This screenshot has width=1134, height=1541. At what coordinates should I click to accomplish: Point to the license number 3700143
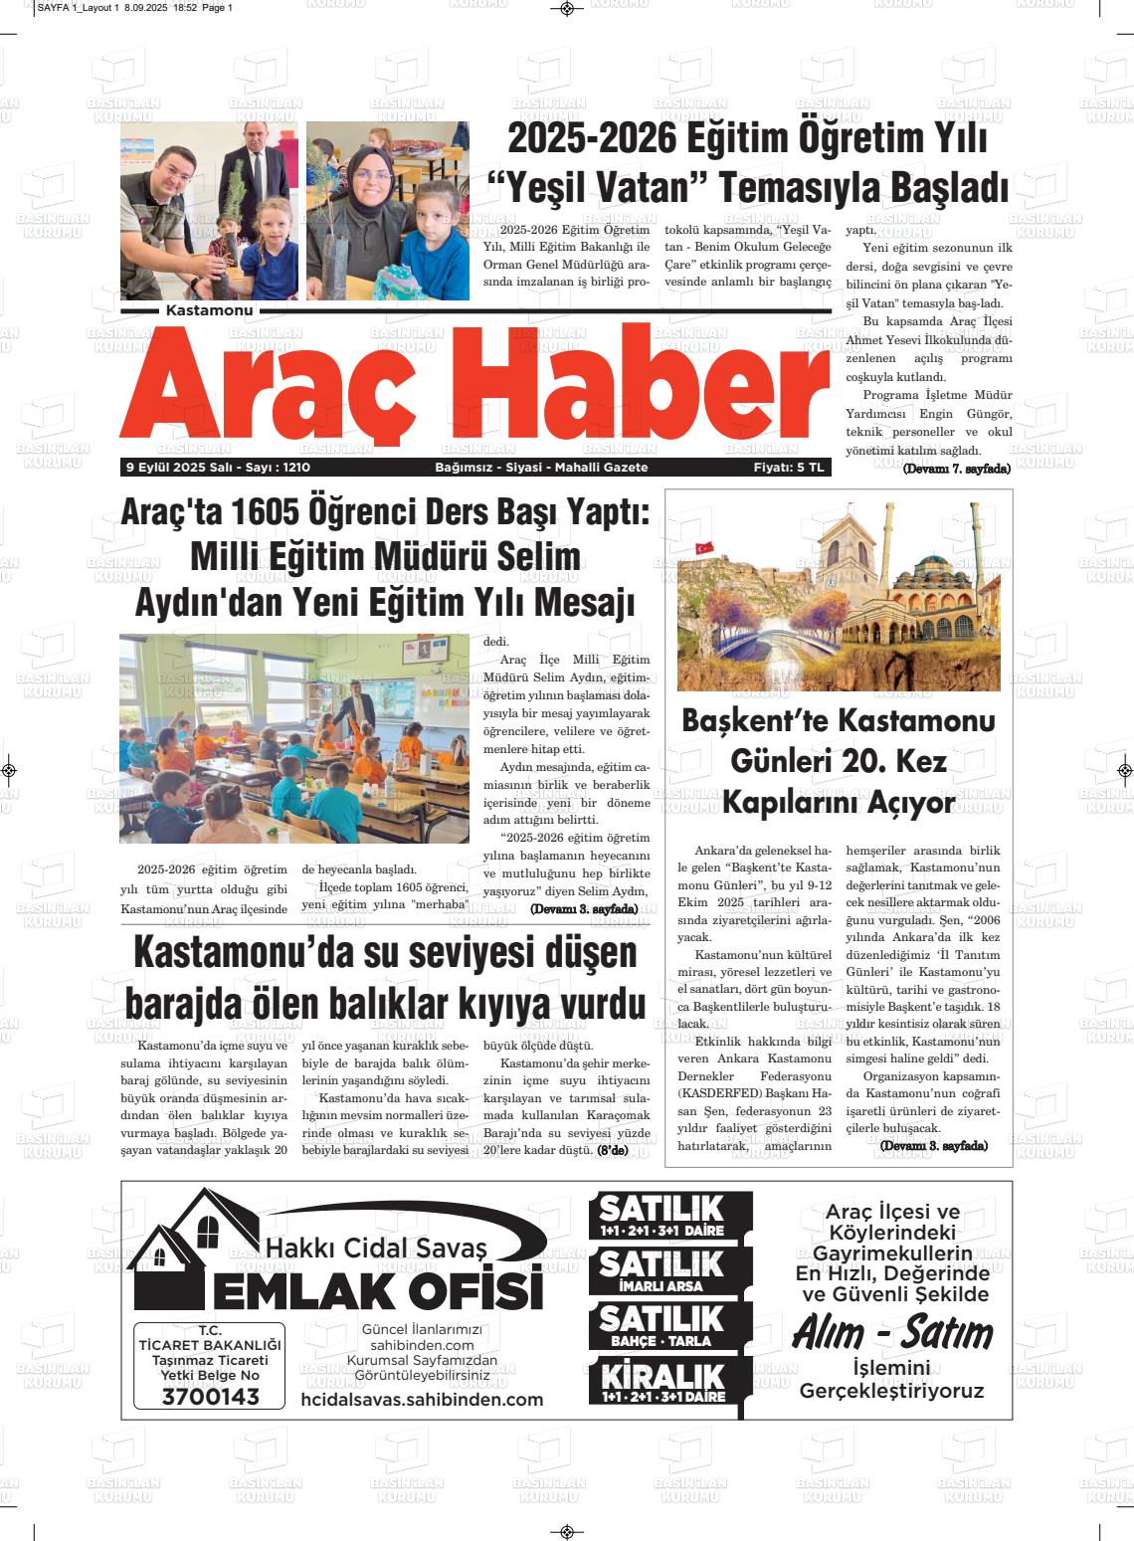(x=210, y=1397)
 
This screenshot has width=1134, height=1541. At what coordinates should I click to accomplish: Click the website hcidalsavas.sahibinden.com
(x=422, y=1400)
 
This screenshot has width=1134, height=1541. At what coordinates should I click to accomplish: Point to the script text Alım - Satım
(x=892, y=1333)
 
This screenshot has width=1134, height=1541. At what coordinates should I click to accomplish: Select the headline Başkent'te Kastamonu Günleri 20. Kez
(x=838, y=741)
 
